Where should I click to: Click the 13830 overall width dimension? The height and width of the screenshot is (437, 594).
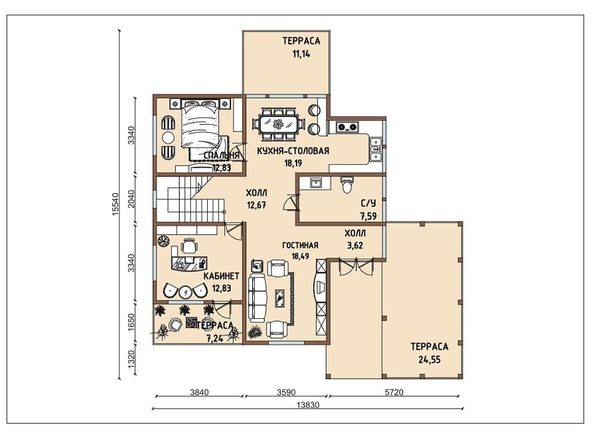pyautogui.click(x=307, y=404)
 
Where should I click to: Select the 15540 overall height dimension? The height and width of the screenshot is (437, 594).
pyautogui.click(x=116, y=205)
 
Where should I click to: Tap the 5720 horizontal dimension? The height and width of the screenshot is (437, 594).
pyautogui.click(x=394, y=393)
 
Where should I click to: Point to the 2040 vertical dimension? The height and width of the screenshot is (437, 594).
pyautogui.click(x=131, y=199)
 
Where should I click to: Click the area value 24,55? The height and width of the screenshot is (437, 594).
pyautogui.click(x=429, y=359)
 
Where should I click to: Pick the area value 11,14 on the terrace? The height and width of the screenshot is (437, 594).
pyautogui.click(x=301, y=54)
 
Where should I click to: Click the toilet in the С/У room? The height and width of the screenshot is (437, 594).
pyautogui.click(x=346, y=185)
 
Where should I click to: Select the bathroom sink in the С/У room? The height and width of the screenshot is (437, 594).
pyautogui.click(x=315, y=183)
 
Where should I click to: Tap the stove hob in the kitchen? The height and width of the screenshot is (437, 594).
pyautogui.click(x=347, y=127)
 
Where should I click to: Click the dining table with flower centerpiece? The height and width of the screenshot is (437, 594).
pyautogui.click(x=279, y=124)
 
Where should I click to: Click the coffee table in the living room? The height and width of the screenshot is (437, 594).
pyautogui.click(x=279, y=299)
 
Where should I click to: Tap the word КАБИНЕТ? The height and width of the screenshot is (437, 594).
pyautogui.click(x=221, y=276)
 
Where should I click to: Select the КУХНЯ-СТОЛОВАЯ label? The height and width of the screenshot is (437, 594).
pyautogui.click(x=293, y=151)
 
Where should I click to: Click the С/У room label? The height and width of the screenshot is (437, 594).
pyautogui.click(x=368, y=203)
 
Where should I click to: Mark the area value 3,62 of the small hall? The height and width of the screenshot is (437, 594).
pyautogui.click(x=355, y=245)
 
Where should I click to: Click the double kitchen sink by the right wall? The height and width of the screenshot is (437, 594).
pyautogui.click(x=376, y=149)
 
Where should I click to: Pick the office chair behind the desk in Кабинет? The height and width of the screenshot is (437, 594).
pyautogui.click(x=188, y=246)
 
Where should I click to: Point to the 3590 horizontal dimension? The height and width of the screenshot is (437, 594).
pyautogui.click(x=286, y=393)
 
